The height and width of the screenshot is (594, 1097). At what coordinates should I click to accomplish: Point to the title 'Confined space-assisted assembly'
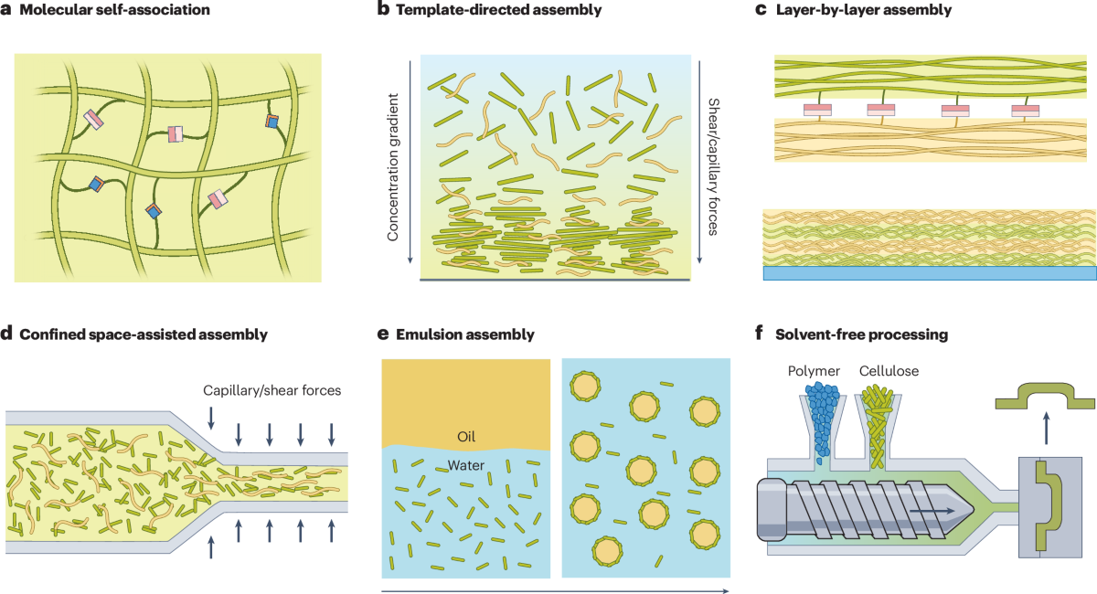coord(143,334)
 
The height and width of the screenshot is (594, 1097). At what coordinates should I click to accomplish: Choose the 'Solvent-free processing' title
coord(859,334)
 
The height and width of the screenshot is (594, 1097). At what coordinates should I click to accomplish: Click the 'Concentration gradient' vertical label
coord(394,165)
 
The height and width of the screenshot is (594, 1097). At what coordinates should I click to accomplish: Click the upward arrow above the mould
coord(1046,425)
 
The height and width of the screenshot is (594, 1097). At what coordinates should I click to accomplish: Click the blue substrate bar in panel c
coord(929,273)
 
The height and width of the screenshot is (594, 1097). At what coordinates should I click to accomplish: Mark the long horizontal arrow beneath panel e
coord(554,589)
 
